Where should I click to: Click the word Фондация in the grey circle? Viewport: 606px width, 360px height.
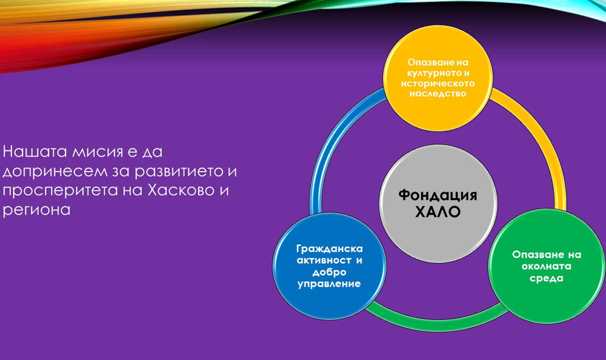click(x=438, y=195)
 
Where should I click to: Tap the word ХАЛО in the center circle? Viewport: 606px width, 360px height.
click(x=438, y=212)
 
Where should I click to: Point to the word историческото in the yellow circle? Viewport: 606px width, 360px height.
click(x=438, y=83)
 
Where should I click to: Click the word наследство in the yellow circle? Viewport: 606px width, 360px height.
click(x=438, y=93)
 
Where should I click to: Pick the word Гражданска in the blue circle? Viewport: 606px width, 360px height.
click(x=330, y=249)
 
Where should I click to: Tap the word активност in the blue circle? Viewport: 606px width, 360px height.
click(x=324, y=260)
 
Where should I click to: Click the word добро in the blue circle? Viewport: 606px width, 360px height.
click(x=329, y=272)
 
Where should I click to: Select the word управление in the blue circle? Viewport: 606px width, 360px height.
click(x=329, y=284)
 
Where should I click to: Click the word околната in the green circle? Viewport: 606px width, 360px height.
click(x=547, y=267)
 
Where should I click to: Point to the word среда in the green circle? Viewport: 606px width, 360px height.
click(x=547, y=278)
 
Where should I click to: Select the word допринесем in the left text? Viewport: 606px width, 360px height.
click(x=55, y=172)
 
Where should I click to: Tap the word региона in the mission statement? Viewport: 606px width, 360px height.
click(x=37, y=210)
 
